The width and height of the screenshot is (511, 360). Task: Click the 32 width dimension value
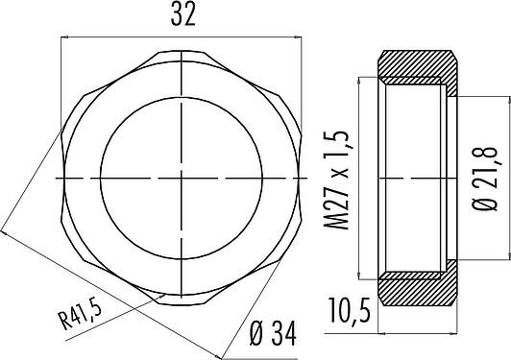183,15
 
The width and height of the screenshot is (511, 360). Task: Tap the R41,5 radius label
80,315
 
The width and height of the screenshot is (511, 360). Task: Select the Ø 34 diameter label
274,334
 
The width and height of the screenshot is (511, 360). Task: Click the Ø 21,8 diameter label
485,179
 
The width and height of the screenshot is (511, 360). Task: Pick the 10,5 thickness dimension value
350,310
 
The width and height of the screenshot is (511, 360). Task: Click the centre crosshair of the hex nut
182,179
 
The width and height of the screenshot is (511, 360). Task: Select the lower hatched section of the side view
418,286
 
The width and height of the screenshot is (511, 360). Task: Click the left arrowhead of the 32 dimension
64,37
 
